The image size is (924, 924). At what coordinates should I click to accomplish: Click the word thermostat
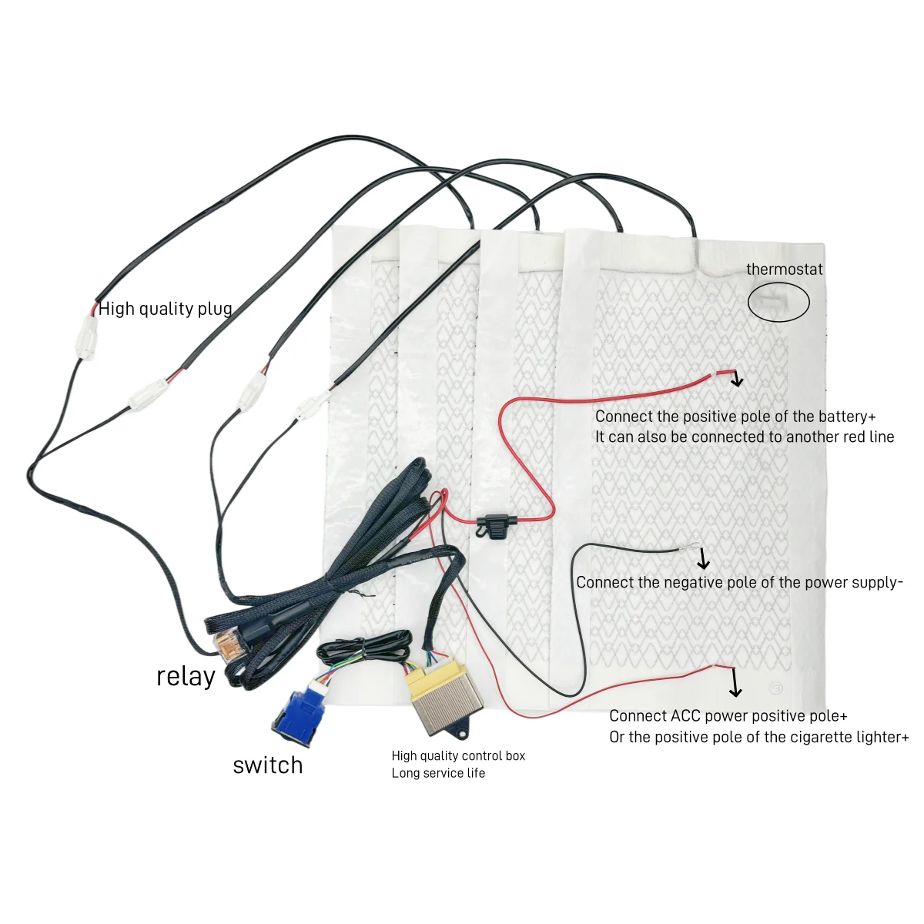784,269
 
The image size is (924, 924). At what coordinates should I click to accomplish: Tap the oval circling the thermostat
778,302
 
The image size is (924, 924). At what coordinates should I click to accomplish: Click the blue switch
299,713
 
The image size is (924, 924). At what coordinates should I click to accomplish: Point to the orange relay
226,643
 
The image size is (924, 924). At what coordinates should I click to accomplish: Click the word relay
186,676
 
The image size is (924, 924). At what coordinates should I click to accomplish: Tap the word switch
267,765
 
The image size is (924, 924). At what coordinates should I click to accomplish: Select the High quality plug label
166,309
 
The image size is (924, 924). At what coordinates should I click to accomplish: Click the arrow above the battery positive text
737,378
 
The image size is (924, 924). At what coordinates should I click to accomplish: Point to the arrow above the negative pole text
702,559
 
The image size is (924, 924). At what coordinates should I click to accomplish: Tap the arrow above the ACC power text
735,682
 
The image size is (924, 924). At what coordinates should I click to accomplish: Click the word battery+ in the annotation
846,417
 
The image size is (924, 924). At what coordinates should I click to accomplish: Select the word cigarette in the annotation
821,737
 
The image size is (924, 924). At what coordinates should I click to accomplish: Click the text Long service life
438,773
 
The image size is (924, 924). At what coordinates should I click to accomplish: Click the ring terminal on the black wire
682,549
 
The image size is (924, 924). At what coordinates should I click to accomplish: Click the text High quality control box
458,756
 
